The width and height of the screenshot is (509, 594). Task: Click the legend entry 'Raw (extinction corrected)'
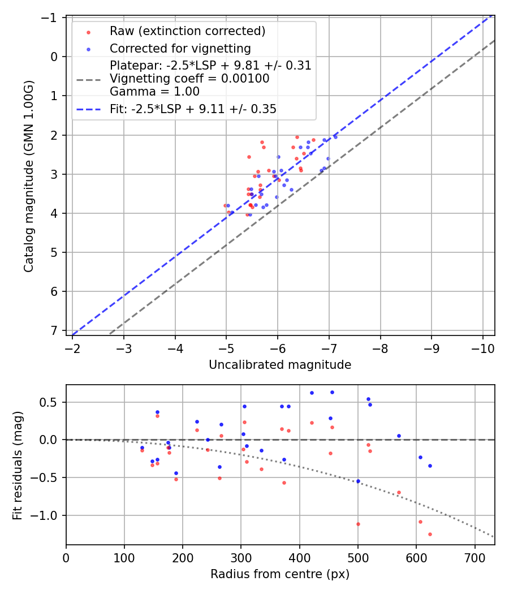pyautogui.click(x=187, y=31)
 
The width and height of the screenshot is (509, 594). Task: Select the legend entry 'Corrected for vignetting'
pyautogui.click(x=180, y=48)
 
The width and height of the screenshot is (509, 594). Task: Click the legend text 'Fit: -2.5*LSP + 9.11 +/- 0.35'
pyautogui.click(x=193, y=109)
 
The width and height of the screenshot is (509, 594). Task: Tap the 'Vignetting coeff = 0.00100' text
pyautogui.click(x=189, y=79)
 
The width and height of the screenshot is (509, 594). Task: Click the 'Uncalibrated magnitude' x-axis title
pyautogui.click(x=280, y=365)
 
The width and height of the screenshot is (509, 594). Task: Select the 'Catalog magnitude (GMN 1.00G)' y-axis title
pyautogui.click(x=28, y=175)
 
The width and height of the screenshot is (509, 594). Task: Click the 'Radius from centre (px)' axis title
pyautogui.click(x=280, y=574)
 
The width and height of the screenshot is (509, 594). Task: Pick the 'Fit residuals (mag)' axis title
pyautogui.click(x=18, y=464)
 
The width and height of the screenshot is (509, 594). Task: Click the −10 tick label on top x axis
pyautogui.click(x=483, y=348)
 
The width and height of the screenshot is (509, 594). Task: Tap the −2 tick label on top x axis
pyautogui.click(x=73, y=348)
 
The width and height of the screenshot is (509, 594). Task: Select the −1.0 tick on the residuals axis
pyautogui.click(x=48, y=515)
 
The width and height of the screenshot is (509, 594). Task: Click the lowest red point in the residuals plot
pyautogui.click(x=430, y=534)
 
